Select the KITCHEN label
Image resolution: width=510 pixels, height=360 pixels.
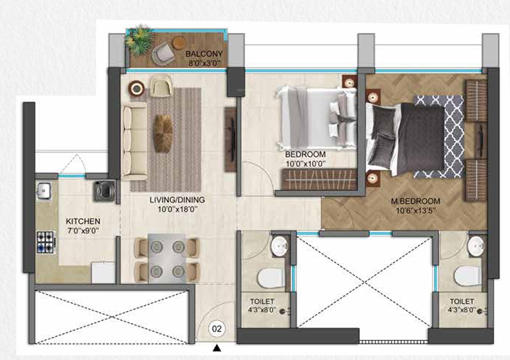[x=83, y=221]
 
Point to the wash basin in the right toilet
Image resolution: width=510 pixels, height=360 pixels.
[x=475, y=245]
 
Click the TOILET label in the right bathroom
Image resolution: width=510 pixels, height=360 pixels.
[x=462, y=300]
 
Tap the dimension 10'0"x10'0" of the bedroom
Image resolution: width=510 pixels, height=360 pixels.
[x=305, y=164]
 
